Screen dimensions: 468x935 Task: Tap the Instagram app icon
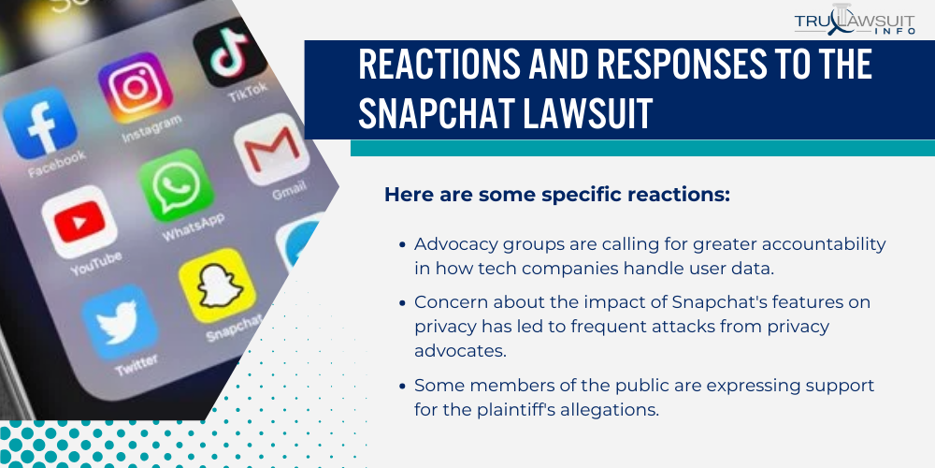tap(136, 89)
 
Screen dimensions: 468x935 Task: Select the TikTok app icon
tap(222, 52)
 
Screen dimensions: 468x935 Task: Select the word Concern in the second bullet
tap(447, 303)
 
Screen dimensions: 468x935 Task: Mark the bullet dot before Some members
tap(402, 385)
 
